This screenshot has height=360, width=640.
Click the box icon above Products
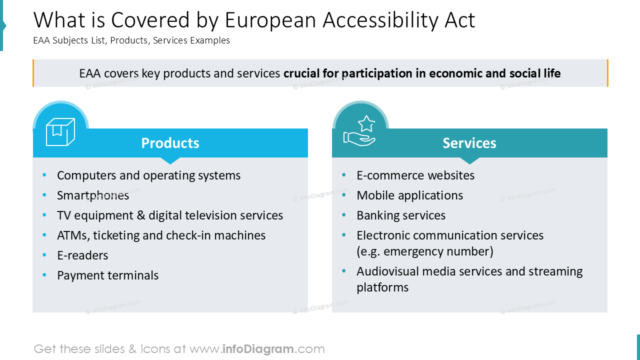coord(60,131)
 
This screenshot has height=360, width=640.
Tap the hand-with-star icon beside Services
coord(359,131)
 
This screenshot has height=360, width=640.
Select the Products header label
coord(170,143)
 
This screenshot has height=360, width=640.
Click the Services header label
coord(469,143)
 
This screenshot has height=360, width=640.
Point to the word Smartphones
coord(93,195)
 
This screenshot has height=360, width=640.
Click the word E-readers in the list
coord(82,255)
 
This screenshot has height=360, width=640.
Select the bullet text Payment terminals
coord(107,275)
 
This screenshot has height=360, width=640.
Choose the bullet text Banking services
coord(401,215)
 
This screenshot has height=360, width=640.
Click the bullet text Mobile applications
coord(409,195)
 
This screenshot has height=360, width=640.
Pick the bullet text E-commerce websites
coord(415,175)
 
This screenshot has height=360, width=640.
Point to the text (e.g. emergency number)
coord(425,251)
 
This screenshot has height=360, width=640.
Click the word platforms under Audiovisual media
coord(382,287)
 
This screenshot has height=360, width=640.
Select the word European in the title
coord(270,20)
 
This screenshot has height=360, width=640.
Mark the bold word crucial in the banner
coord(301,73)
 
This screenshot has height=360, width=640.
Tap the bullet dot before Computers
coord(44,175)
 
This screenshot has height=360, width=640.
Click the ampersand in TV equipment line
coord(141,215)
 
